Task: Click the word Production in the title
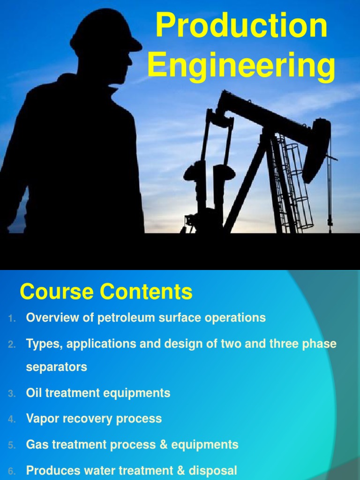point(241,26)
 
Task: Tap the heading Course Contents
point(106,292)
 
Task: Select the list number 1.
point(12,318)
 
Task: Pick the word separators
point(56,367)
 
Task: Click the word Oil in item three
point(34,393)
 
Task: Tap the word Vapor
point(42,419)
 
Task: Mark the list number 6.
point(12,470)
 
